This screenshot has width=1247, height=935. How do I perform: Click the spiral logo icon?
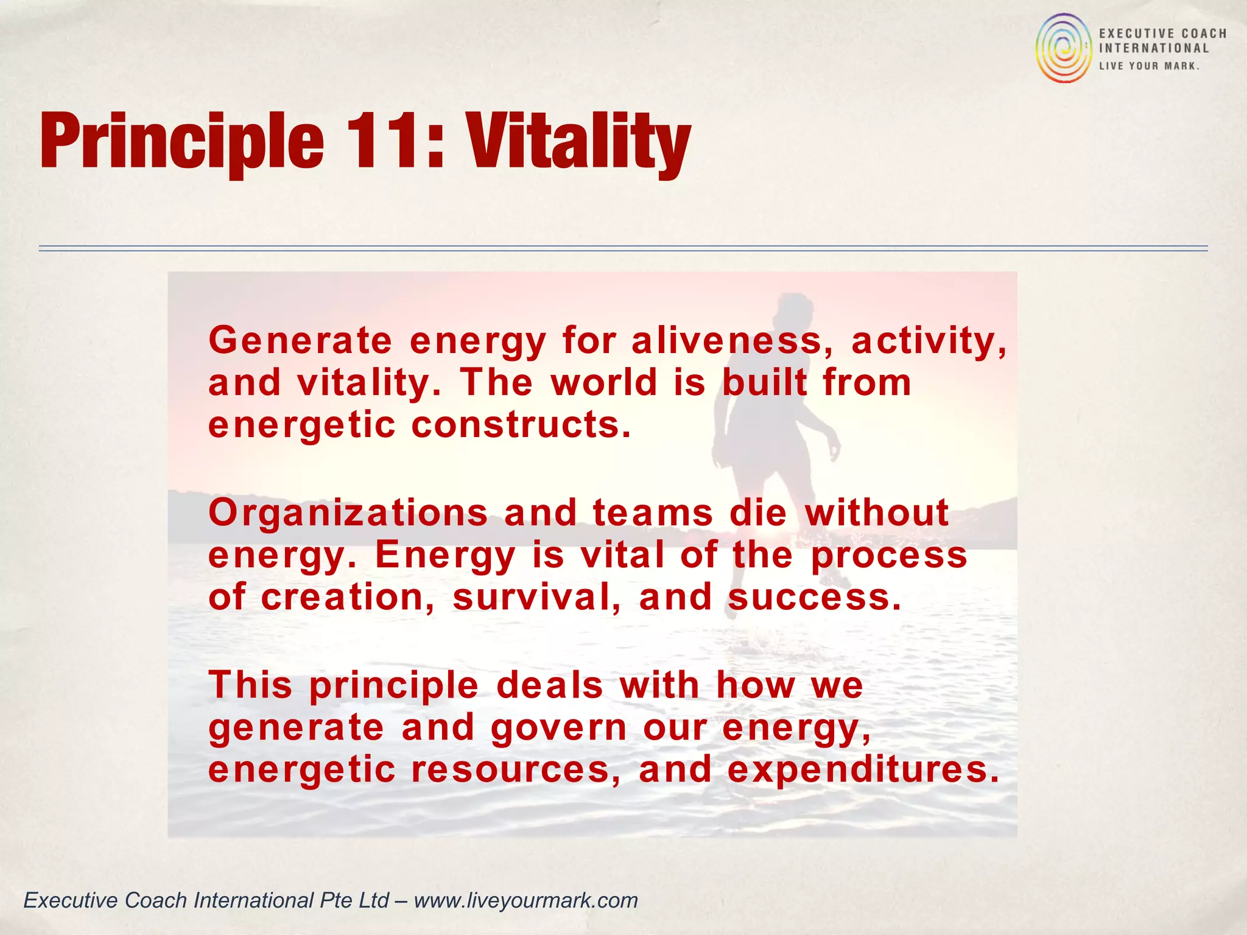pyautogui.click(x=1064, y=48)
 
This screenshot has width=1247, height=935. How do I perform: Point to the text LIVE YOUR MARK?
pyautogui.click(x=1149, y=66)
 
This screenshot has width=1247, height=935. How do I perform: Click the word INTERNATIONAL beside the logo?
pyautogui.click(x=1153, y=49)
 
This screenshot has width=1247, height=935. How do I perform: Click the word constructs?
pyautogui.click(x=521, y=424)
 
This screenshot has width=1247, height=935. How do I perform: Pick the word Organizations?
pyautogui.click(x=348, y=512)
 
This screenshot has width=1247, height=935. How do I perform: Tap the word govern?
pyautogui.click(x=558, y=727)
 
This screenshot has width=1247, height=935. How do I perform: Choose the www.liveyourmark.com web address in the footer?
pyautogui.click(x=525, y=900)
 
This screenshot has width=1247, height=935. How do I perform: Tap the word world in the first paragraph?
pyautogui.click(x=604, y=382)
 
